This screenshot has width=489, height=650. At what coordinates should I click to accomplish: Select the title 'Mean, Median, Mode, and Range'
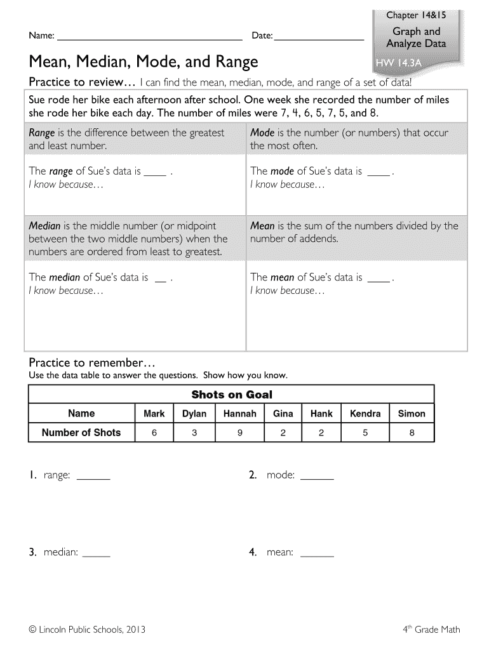tap(144, 62)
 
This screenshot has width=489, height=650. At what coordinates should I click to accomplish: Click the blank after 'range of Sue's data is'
tap(156, 172)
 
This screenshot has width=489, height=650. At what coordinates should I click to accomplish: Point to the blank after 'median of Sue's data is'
tap(161, 278)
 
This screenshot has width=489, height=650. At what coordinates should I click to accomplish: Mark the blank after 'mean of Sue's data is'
tap(379, 278)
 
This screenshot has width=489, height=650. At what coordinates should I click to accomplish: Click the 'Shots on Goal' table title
tap(232, 394)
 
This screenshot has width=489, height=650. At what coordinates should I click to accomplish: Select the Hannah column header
tap(239, 414)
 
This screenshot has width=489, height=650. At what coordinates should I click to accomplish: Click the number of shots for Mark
tap(154, 433)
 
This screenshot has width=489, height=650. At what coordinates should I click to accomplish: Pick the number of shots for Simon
tap(412, 433)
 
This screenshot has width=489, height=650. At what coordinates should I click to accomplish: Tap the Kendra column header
tap(365, 414)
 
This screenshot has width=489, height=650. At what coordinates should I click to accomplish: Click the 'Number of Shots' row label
tap(81, 433)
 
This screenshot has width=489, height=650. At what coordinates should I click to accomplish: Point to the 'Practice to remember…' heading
tap(92, 362)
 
